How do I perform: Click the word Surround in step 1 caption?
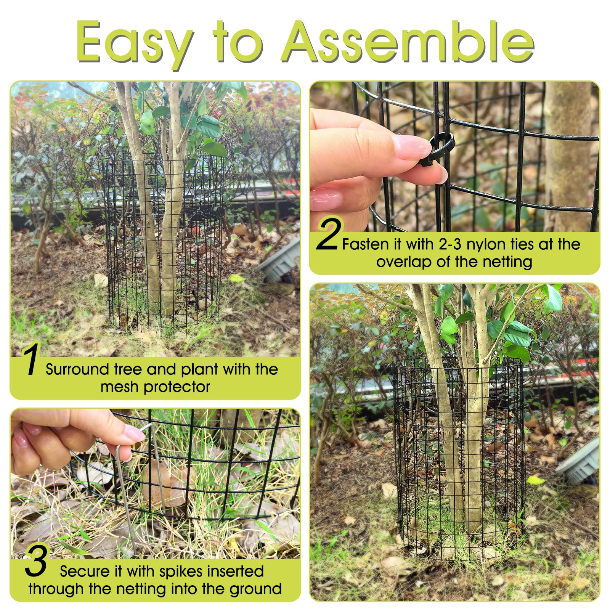pyautogui.click(x=77, y=369)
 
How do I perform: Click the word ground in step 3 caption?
pyautogui.click(x=255, y=589)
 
